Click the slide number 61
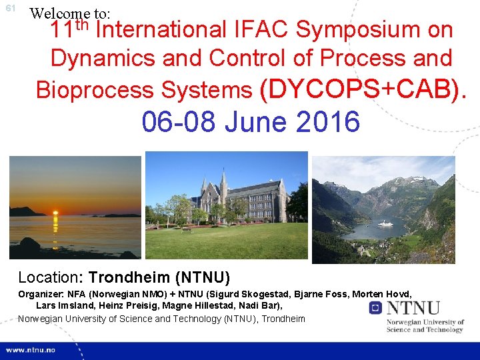[x=10, y=9]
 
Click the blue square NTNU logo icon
[x=375, y=307]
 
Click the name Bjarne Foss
[x=323, y=294]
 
